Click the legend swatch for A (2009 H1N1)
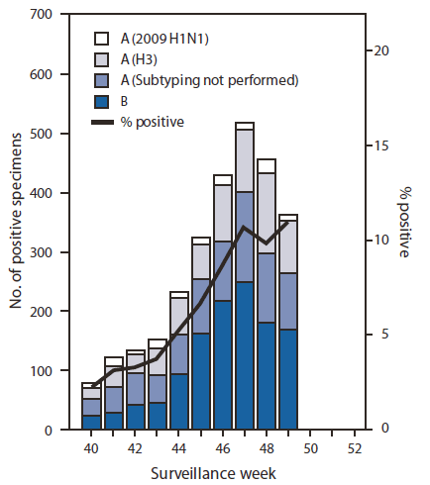point(101,39)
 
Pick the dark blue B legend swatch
point(101,101)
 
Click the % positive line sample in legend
point(101,122)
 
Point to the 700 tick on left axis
point(42,15)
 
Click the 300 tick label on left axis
point(42,252)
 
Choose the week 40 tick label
point(91,447)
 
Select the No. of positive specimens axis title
point(15,223)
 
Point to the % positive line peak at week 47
point(245,228)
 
